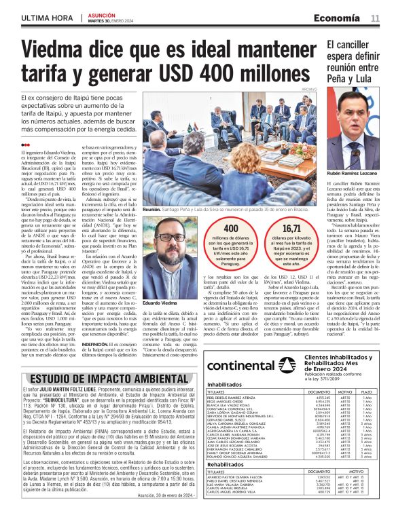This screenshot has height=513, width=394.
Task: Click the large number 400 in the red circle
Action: pyautogui.click(x=231, y=231)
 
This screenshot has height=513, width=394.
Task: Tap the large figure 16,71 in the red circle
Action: pyautogui.click(x=291, y=231)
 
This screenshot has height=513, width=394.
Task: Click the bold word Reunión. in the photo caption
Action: pyautogui.click(x=151, y=211)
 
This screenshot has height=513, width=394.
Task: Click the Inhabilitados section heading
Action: pyautogui.click(x=228, y=384)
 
